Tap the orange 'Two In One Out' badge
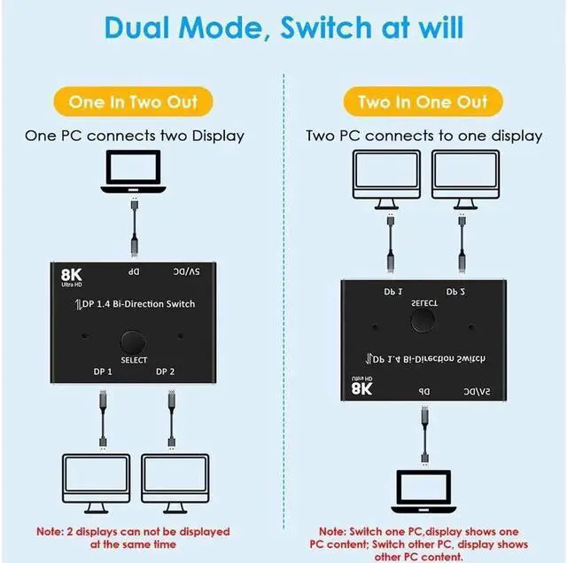pyautogui.click(x=422, y=101)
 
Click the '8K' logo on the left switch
pyautogui.click(x=72, y=278)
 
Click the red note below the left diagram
pyautogui.click(x=133, y=537)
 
